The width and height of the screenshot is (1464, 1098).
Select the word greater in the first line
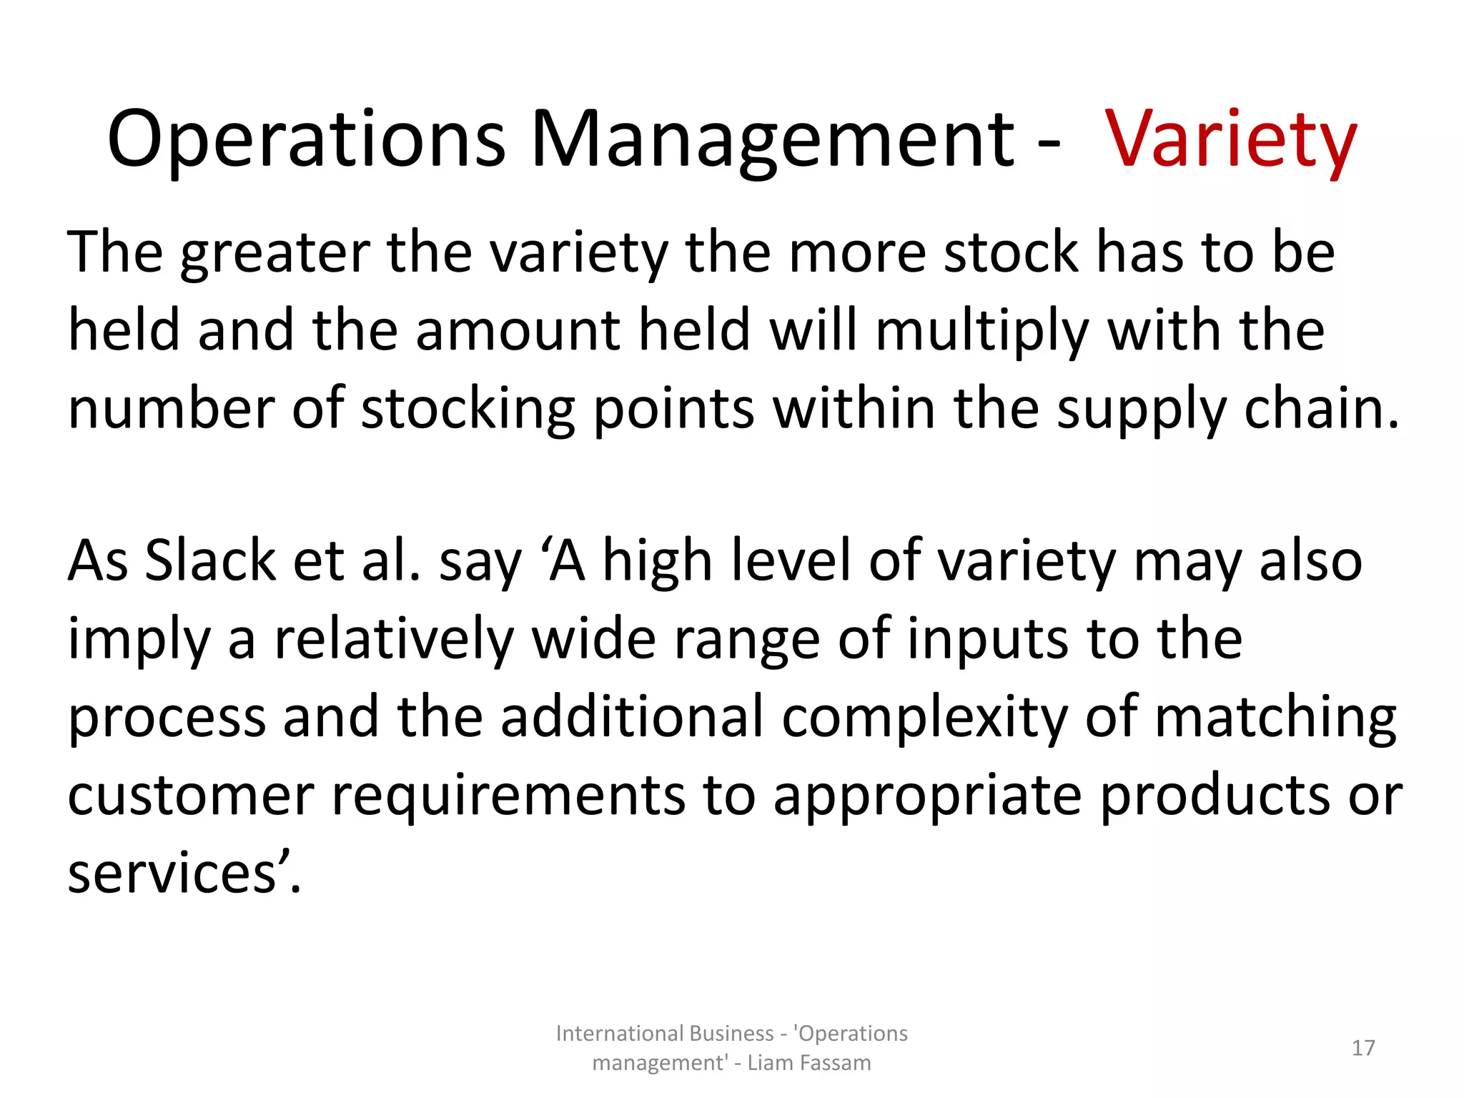pos(275,253)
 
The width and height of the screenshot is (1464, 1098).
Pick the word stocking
pos(468,410)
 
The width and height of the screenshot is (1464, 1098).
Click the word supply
pos(1142,410)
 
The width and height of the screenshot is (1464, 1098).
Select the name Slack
pos(210,561)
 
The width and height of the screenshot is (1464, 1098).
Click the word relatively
pos(394,639)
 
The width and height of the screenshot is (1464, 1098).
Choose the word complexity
pos(925,718)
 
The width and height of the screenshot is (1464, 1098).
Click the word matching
pos(1275,718)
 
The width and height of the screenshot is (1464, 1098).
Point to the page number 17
pos(1363,1048)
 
